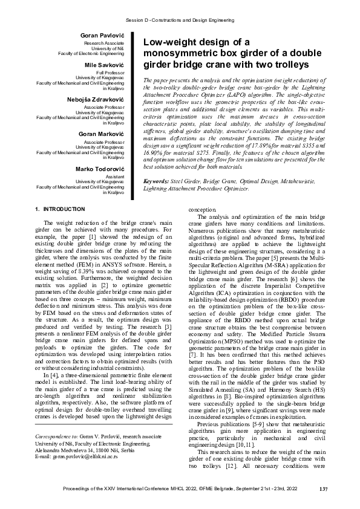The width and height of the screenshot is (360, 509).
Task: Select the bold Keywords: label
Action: pos(155,182)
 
